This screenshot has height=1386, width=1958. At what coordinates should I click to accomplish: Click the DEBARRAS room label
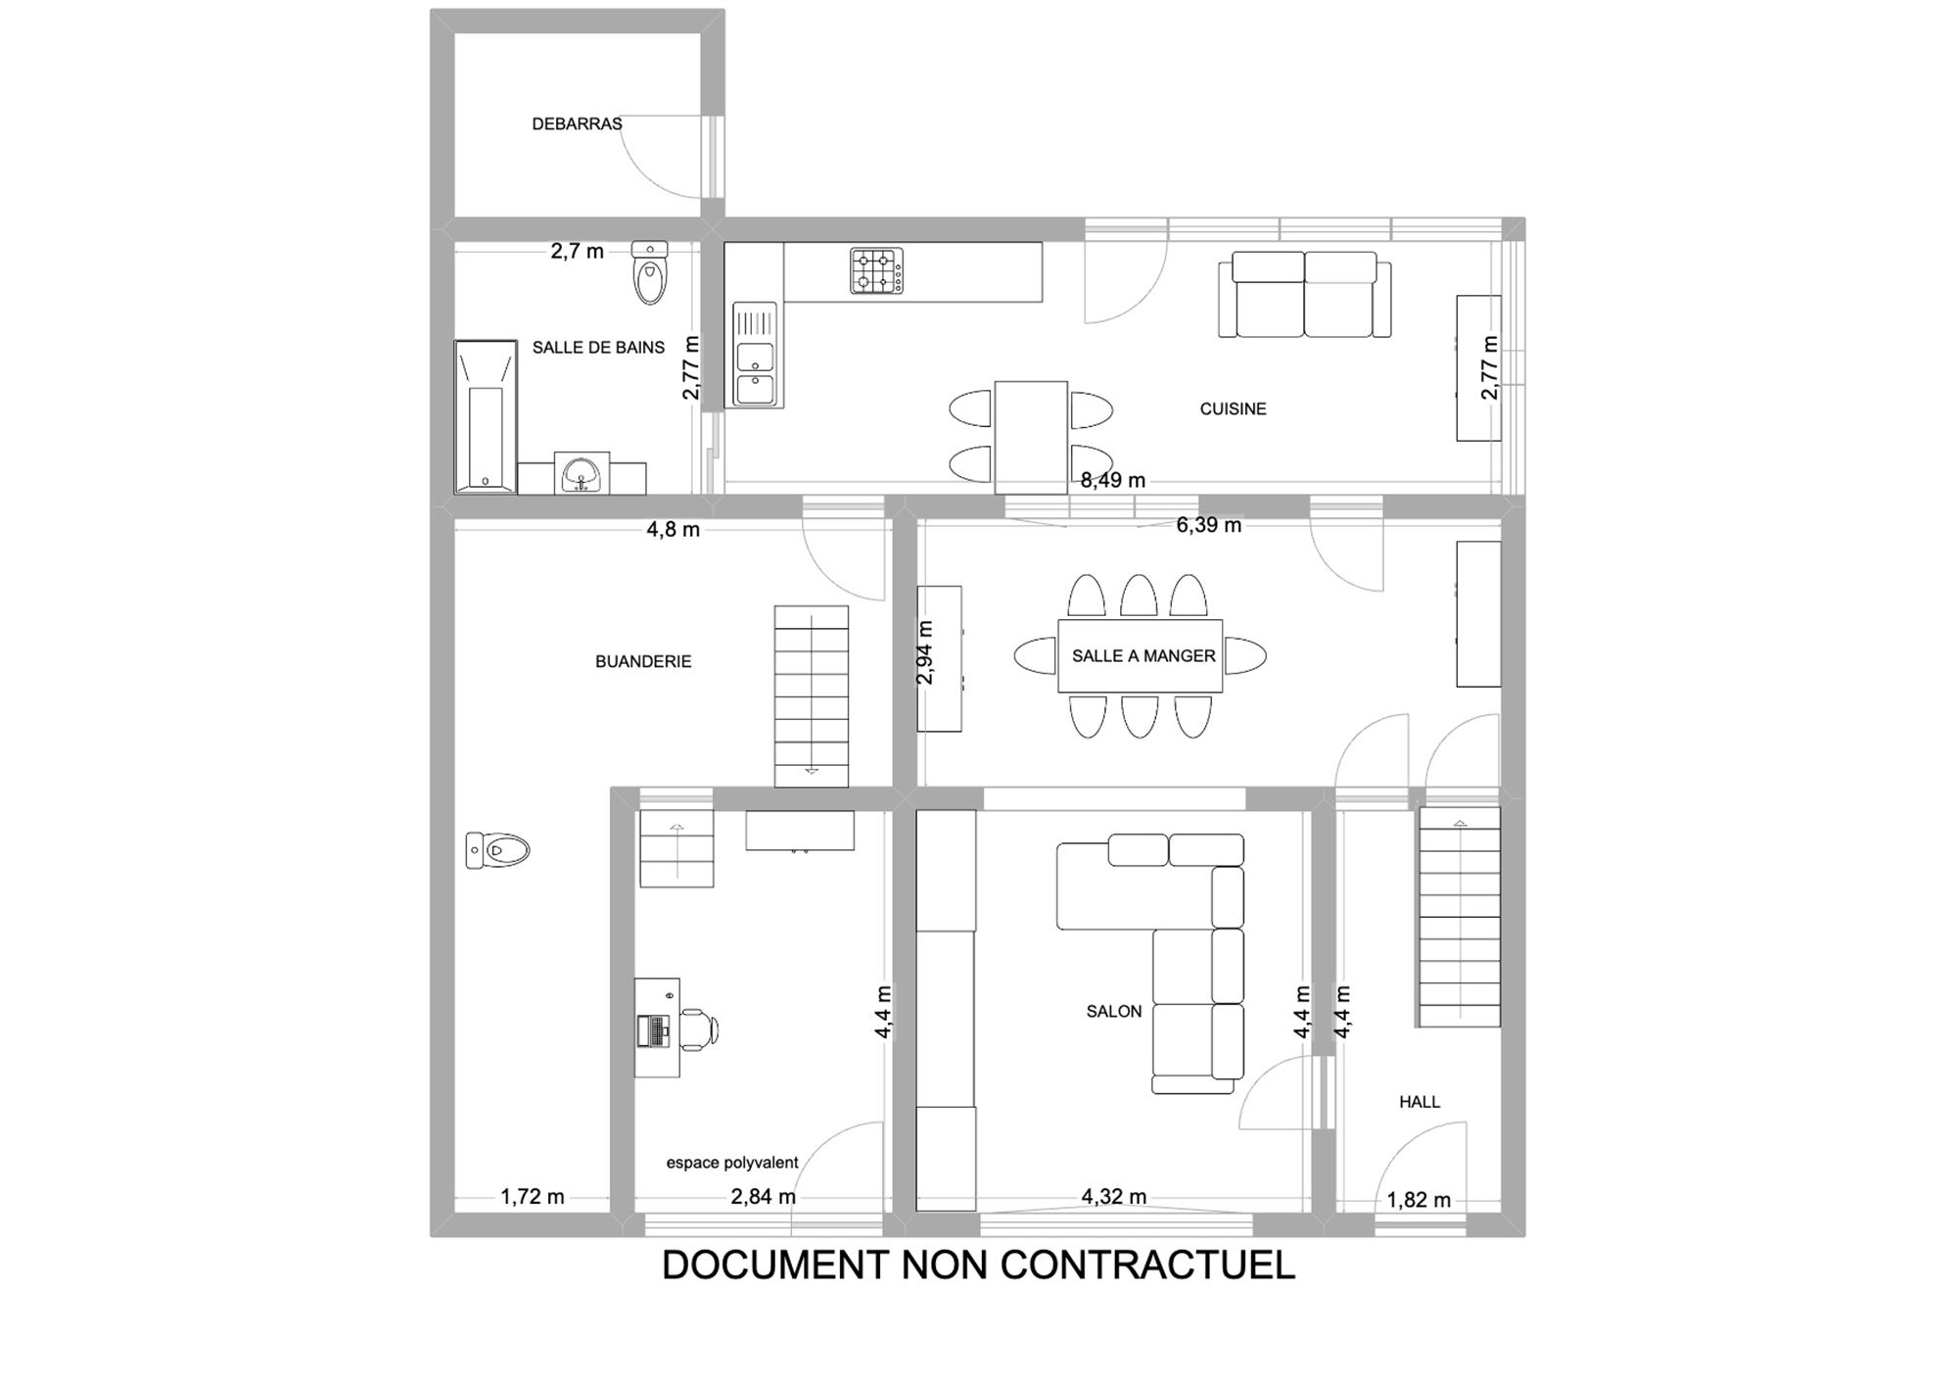[577, 124]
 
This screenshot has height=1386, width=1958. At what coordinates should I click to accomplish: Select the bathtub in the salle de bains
[486, 416]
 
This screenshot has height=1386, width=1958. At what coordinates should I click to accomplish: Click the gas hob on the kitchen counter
[876, 271]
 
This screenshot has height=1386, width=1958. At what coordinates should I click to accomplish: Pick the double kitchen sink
[755, 354]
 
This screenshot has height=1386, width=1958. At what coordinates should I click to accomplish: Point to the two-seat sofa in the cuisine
[1304, 295]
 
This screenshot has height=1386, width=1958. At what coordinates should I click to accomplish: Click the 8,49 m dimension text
[1113, 481]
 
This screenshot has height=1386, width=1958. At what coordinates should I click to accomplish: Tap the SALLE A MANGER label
[1143, 656]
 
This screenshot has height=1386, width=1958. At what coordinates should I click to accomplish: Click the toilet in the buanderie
[497, 850]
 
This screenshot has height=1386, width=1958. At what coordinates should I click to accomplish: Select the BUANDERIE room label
[643, 662]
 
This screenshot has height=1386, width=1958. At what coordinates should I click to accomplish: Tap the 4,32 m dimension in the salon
[1114, 1197]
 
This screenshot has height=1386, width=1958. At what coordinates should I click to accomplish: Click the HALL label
[1420, 1102]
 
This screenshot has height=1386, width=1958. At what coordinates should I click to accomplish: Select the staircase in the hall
[1459, 917]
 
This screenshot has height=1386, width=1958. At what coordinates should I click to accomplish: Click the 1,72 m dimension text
[533, 1197]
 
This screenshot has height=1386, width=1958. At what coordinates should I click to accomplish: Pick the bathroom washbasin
[582, 473]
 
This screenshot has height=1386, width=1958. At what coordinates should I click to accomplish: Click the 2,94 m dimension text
[925, 653]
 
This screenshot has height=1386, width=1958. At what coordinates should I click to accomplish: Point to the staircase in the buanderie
[812, 696]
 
